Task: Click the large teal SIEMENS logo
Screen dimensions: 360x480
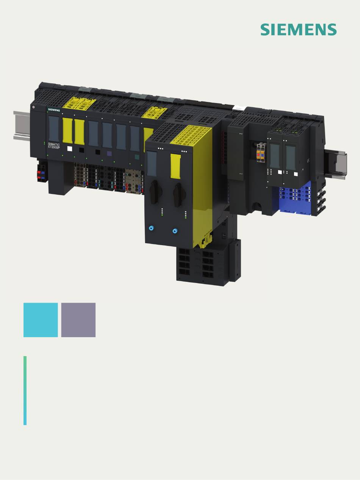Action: click(299, 30)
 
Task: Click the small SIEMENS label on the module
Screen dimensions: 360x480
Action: click(54, 110)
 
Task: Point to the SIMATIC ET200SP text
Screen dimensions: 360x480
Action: click(54, 146)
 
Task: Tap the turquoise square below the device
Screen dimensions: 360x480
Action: click(41, 320)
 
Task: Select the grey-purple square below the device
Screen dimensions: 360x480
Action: click(78, 320)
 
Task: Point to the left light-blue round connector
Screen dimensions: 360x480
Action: click(151, 228)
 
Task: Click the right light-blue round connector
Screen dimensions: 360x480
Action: click(175, 231)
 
